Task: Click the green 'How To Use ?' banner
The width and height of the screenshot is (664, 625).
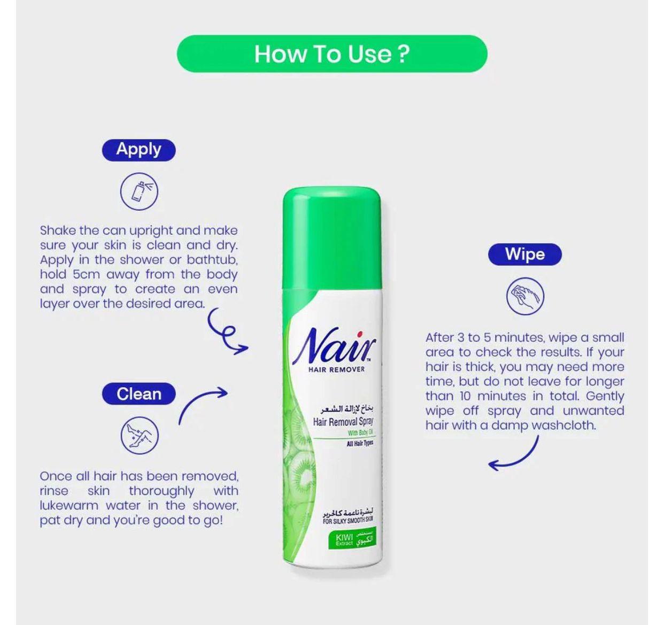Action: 331,54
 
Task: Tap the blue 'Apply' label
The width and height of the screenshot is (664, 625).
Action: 138,149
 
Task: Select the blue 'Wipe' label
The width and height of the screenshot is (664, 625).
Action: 524,254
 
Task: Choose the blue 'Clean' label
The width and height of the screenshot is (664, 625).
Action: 138,394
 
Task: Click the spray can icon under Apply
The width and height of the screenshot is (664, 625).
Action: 139,191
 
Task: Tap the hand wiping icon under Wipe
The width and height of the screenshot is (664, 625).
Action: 525,296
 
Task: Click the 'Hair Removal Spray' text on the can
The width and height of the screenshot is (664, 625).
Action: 343,422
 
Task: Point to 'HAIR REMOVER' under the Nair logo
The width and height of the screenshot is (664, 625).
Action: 336,369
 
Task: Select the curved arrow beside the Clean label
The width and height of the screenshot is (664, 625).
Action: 203,404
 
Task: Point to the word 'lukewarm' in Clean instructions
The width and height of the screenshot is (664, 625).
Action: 69,506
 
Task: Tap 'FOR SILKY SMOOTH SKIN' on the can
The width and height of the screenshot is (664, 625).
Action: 348,520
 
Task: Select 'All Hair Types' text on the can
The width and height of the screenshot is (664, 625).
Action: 359,444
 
